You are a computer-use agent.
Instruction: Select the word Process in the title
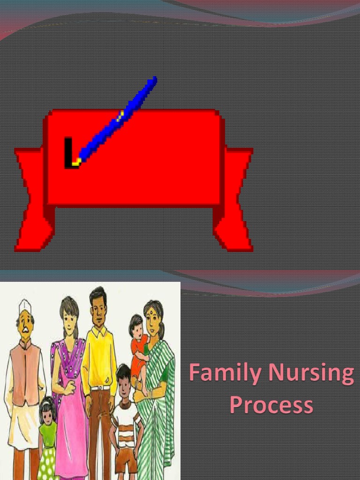(271, 405)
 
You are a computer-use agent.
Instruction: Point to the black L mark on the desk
(69, 153)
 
